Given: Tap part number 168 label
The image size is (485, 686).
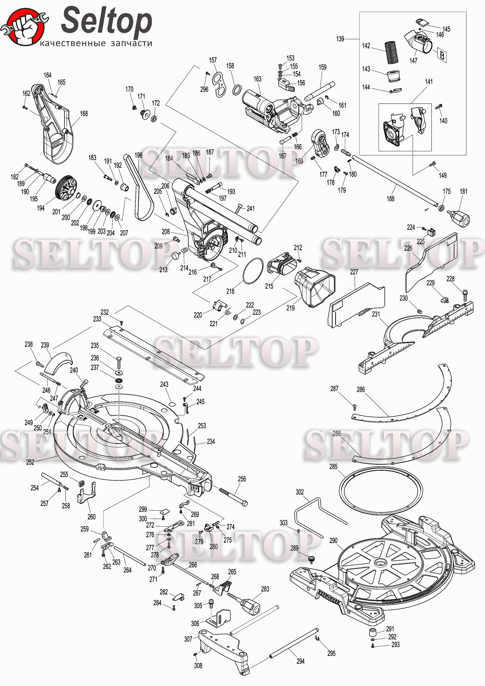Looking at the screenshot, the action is point(84,114).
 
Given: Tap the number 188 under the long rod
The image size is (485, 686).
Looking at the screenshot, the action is point(390,199).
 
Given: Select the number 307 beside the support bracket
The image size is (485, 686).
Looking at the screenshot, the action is point(188,639).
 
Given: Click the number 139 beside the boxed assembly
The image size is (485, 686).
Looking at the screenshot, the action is point(340,39).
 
